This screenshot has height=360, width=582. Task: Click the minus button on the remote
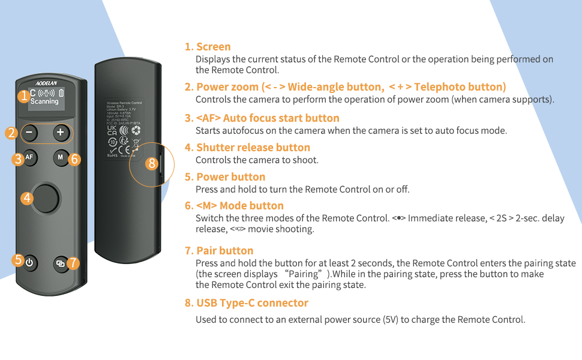pyautogui.click(x=31, y=133)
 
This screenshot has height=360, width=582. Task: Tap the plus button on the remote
pyautogui.click(x=60, y=133)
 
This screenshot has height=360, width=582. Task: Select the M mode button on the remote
pyautogui.click(x=59, y=158)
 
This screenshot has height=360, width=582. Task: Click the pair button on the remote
pyautogui.click(x=60, y=262)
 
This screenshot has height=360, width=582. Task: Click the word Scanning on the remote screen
pyautogui.click(x=44, y=102)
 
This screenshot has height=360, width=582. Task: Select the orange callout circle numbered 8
pyautogui.click(x=151, y=163)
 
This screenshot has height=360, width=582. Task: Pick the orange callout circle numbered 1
pyautogui.click(x=23, y=95)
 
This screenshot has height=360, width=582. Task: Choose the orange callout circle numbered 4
pyautogui.click(x=26, y=197)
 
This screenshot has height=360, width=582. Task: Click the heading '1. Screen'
pyautogui.click(x=208, y=47)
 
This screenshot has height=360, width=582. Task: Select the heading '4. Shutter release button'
pyautogui.click(x=247, y=148)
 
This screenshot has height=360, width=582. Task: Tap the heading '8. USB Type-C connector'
pyautogui.click(x=246, y=303)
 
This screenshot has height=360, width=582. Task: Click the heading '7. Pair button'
pyautogui.click(x=219, y=251)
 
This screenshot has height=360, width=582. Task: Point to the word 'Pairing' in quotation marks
pyautogui.click(x=305, y=274)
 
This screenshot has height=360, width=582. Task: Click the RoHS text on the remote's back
pyautogui.click(x=112, y=155)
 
